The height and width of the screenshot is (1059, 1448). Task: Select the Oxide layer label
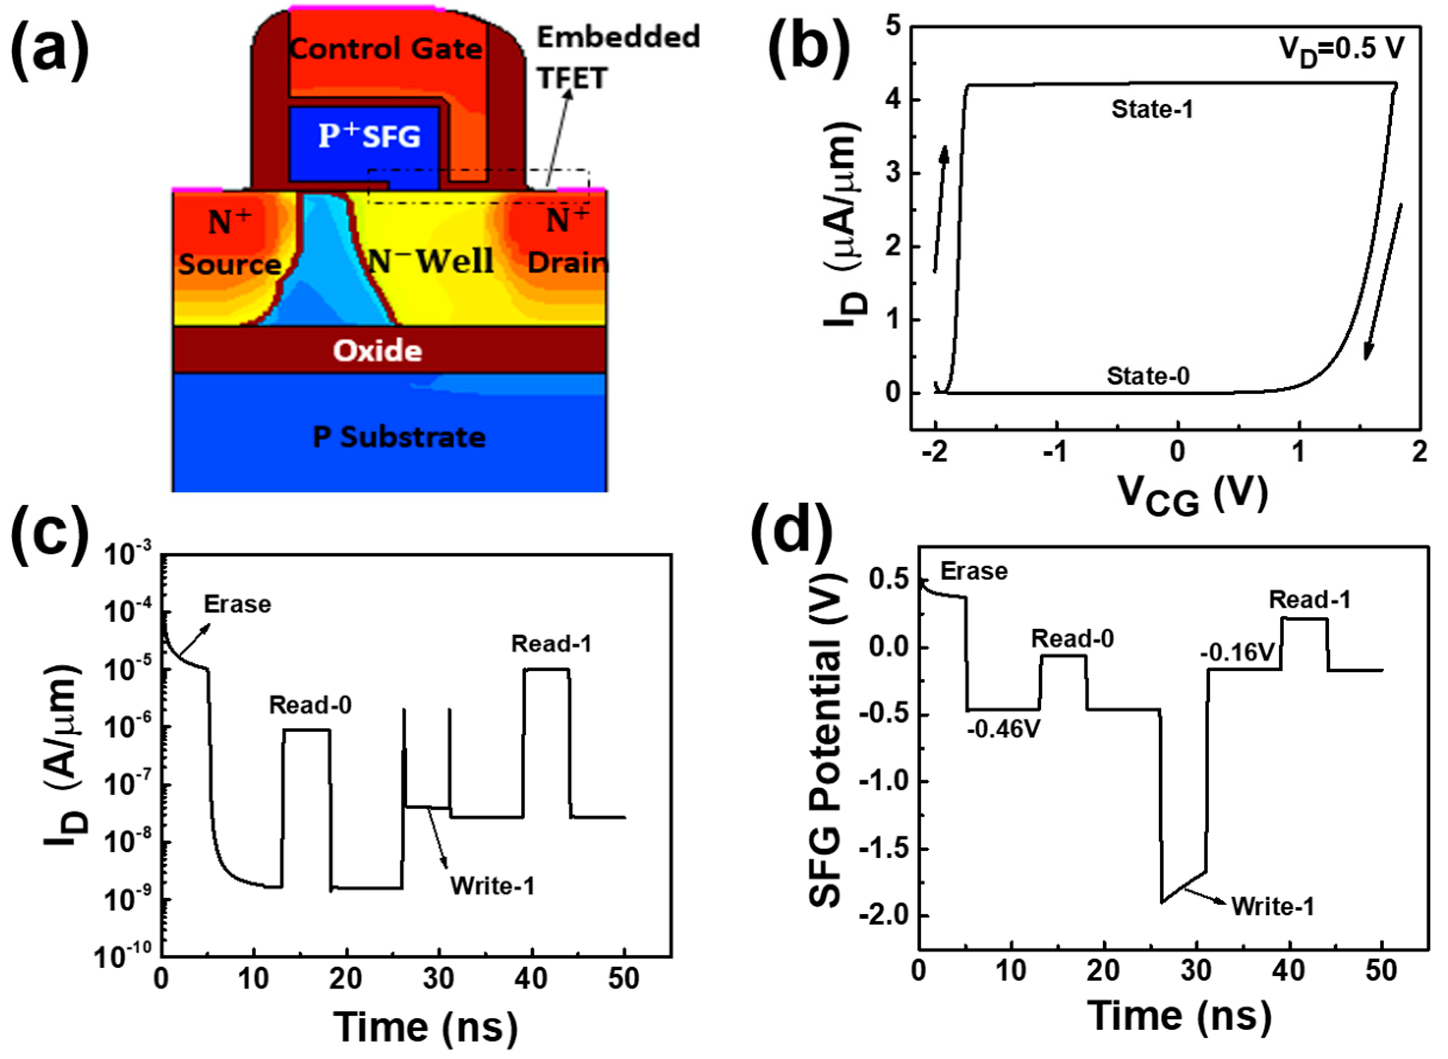[377, 351]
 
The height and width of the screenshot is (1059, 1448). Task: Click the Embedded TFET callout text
[617, 57]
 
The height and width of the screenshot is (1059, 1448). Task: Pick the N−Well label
[429, 261]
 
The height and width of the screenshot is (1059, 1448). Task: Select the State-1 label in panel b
[1152, 110]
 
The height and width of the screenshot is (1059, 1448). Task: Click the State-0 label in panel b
[1147, 375]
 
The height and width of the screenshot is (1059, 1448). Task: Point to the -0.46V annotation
[1003, 729]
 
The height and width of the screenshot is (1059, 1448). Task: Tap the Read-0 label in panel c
[310, 705]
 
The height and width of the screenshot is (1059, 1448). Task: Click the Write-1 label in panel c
[492, 887]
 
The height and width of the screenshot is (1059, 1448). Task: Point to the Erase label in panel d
[973, 571]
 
